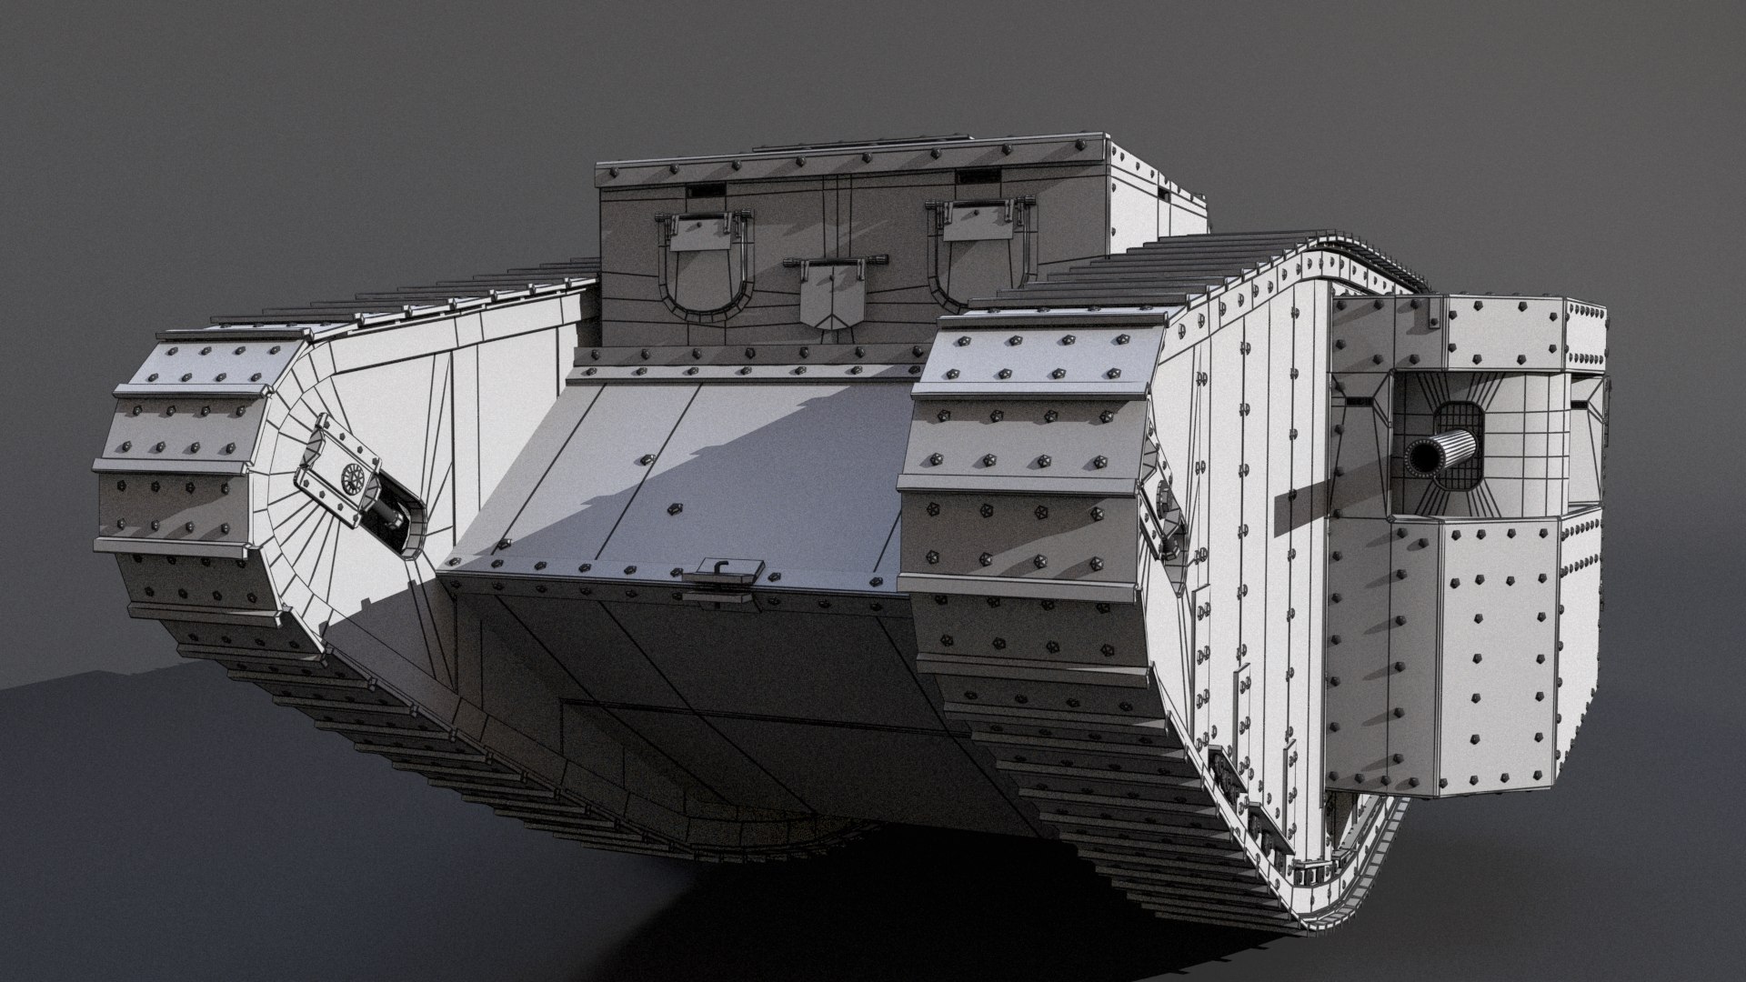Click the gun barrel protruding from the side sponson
pyautogui.click(x=1446, y=450)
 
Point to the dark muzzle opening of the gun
pyautogui.click(x=1416, y=459)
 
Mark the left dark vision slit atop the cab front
pyautogui.click(x=706, y=191)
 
